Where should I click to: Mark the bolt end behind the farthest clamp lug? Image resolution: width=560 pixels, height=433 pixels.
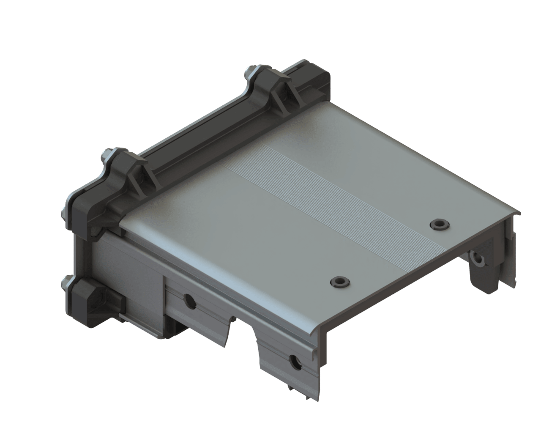click(x=249, y=71)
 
